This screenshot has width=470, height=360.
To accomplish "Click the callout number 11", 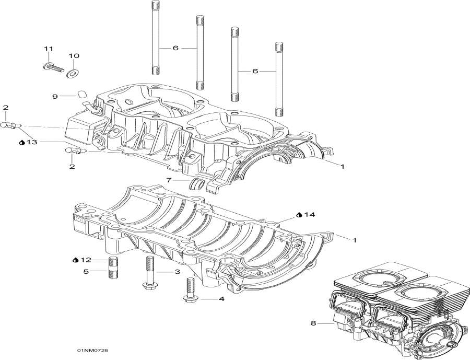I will tap(48, 49).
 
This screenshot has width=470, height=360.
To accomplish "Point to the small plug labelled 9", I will tap(81, 94).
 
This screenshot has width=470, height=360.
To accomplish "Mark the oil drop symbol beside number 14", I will tap(299, 215).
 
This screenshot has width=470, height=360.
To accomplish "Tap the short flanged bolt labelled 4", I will tap(188, 291).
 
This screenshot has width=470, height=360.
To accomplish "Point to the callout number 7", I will tap(169, 180).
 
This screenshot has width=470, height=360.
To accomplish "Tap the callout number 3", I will tap(177, 272).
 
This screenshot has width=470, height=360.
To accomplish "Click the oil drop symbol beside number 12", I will tap(75, 260).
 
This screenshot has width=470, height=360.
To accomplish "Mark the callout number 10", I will tap(74, 55).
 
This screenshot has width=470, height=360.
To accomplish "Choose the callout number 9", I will tap(54, 96).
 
